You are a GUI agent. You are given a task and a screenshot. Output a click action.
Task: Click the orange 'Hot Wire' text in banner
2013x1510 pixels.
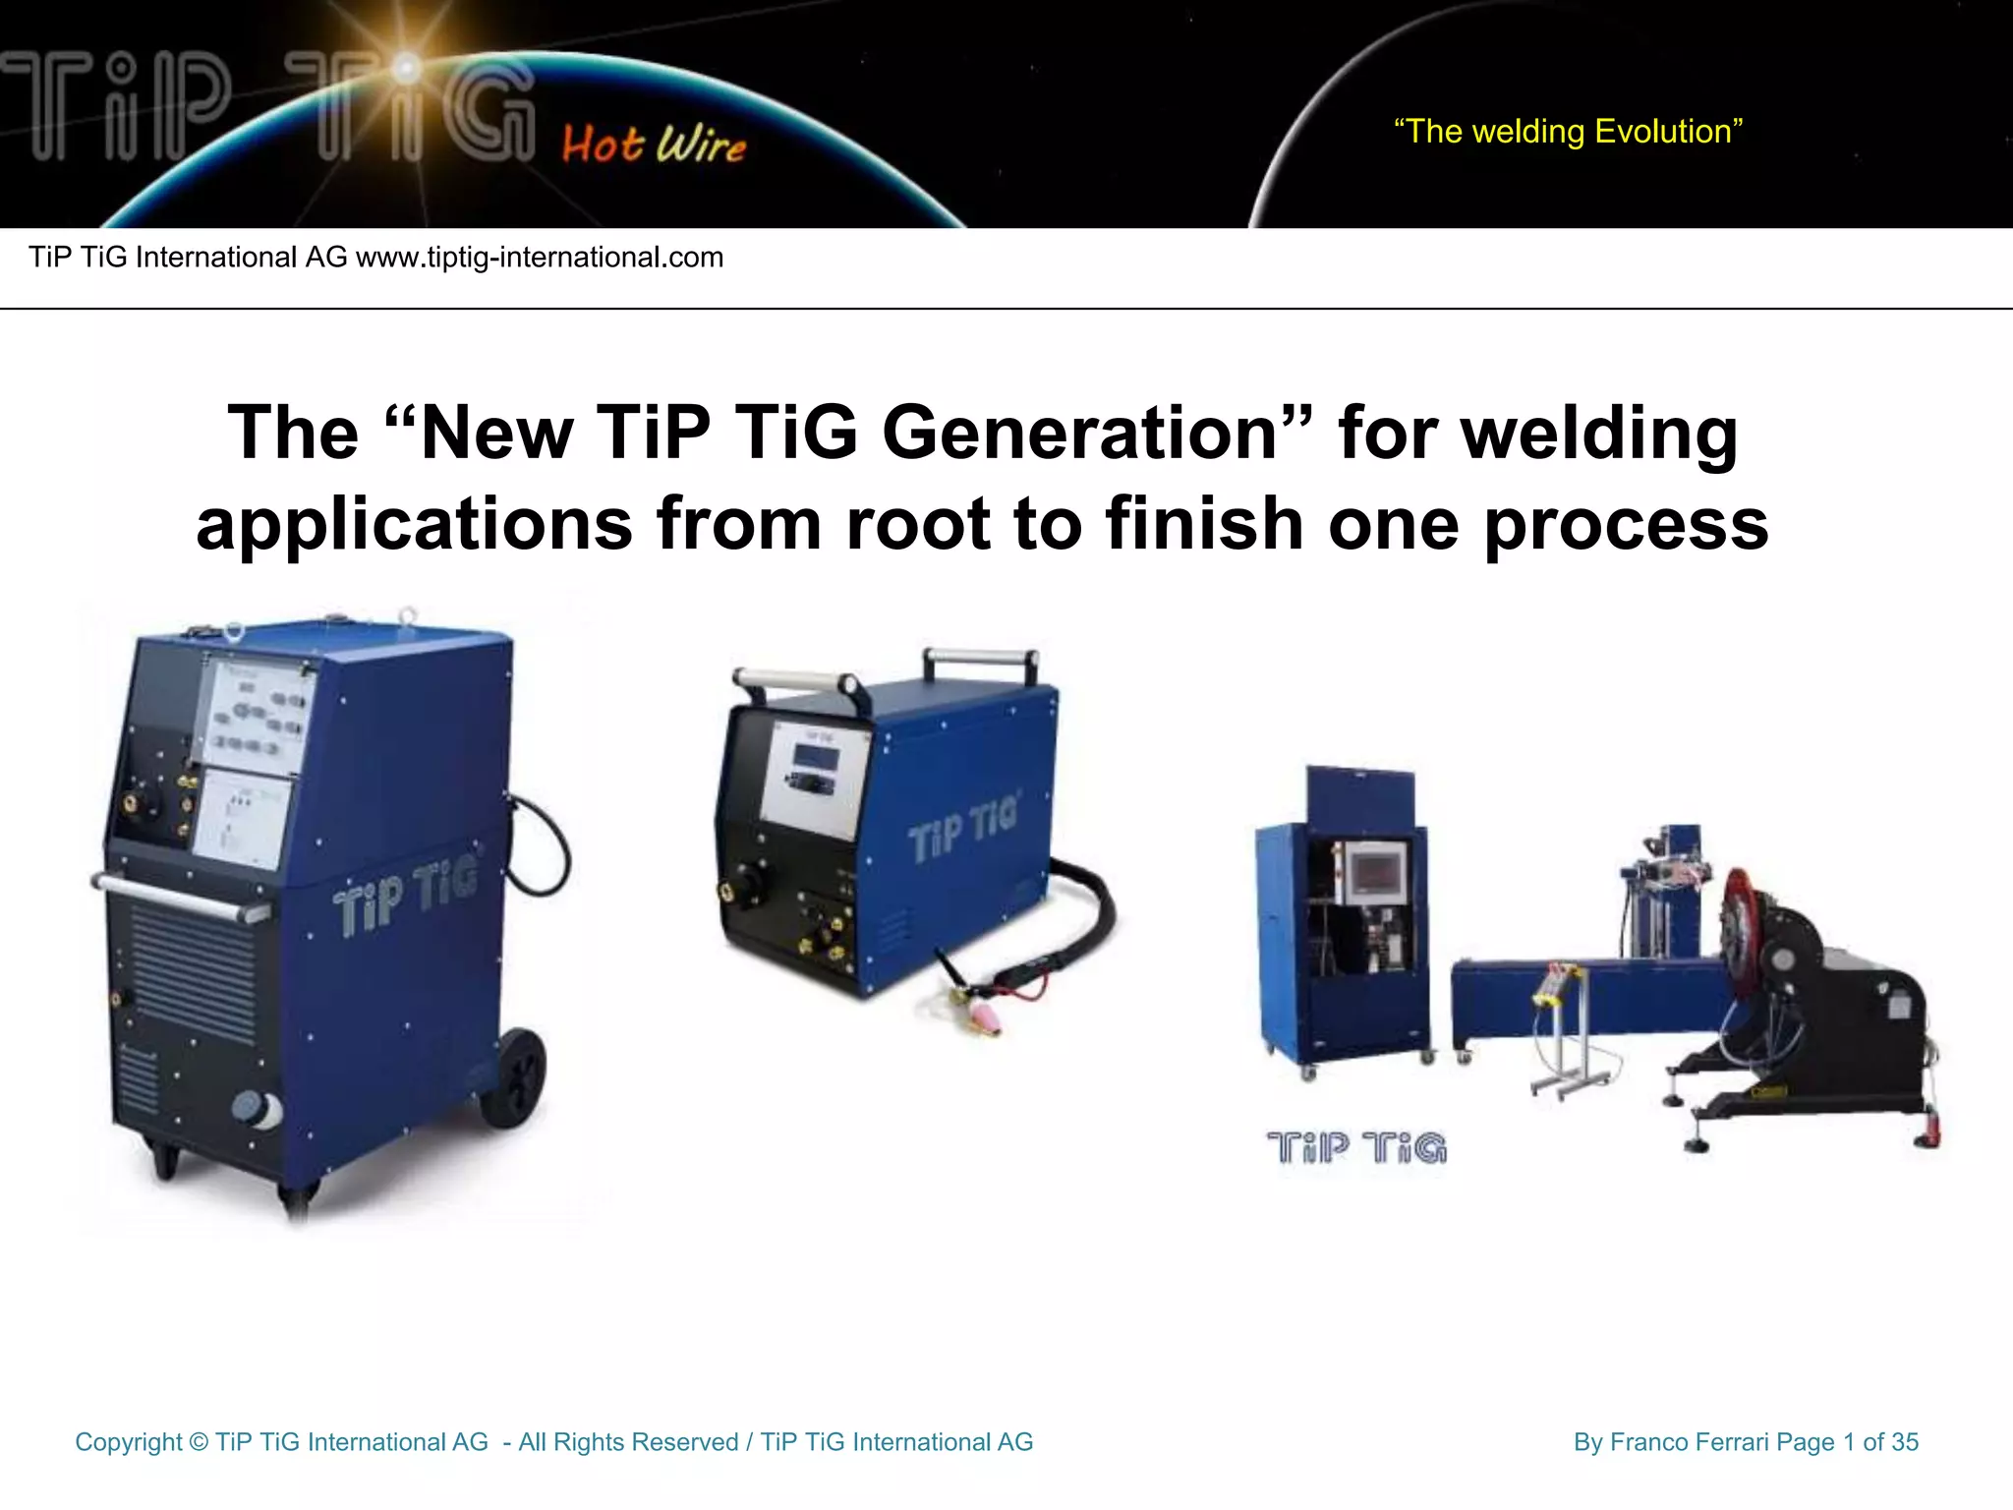click(x=654, y=145)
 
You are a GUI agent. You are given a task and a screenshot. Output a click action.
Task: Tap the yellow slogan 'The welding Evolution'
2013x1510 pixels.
click(x=1568, y=132)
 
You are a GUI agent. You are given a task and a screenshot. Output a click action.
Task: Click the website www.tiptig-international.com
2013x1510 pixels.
click(x=539, y=258)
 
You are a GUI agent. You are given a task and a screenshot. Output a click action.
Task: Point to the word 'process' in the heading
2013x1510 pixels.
click(x=1626, y=523)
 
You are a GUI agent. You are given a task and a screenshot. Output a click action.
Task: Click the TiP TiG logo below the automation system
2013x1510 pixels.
click(x=1356, y=1147)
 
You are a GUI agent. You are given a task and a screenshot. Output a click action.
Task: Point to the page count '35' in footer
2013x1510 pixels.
click(x=1904, y=1442)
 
